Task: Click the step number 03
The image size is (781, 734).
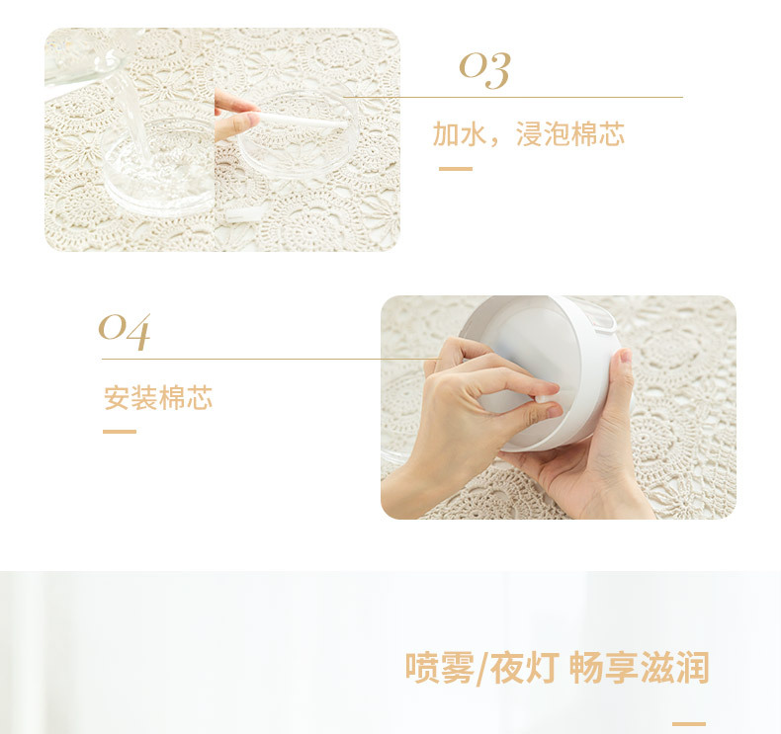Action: point(484,69)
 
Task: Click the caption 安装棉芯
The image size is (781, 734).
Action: point(158,398)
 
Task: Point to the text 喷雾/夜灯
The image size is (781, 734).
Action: point(481,668)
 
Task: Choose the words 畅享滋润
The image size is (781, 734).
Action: point(640,668)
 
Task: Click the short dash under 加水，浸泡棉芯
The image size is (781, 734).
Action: point(456,169)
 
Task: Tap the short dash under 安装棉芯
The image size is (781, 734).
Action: point(120,432)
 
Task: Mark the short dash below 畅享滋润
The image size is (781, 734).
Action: point(689,724)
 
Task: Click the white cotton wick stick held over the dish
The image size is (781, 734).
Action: point(297,120)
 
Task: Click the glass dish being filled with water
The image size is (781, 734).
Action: point(158,173)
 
